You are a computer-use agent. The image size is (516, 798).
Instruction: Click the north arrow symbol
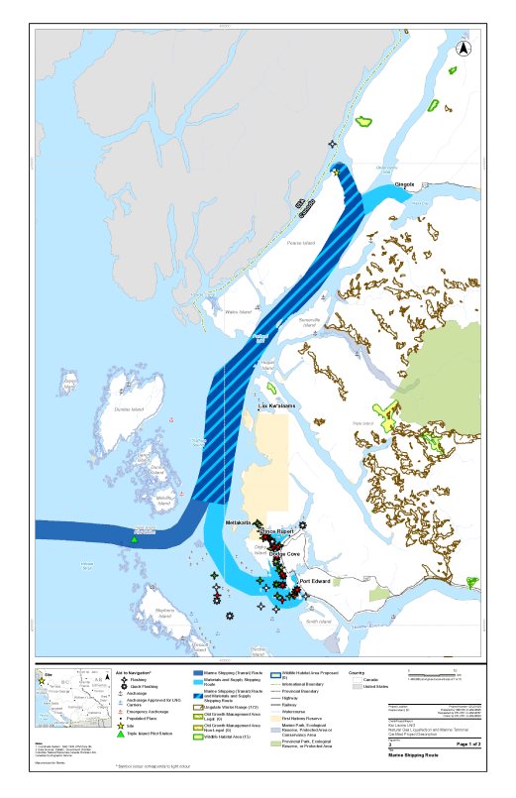(x=463, y=48)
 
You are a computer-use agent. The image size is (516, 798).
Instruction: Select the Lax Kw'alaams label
(x=276, y=406)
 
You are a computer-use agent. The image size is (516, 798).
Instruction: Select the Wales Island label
(x=239, y=311)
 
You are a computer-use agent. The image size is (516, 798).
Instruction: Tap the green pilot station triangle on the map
(x=134, y=539)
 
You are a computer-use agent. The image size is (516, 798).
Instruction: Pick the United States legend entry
(x=375, y=686)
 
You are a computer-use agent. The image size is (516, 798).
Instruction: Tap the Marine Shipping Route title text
(x=435, y=755)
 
